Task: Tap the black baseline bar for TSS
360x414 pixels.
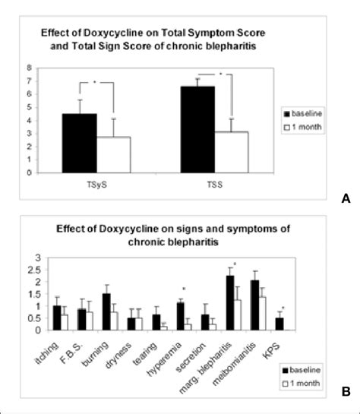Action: click(x=198, y=129)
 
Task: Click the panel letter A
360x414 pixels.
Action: click(x=346, y=198)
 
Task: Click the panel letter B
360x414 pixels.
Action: click(x=346, y=393)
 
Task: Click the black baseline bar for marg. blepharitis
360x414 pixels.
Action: click(x=209, y=302)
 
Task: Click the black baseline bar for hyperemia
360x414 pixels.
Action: click(x=180, y=316)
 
